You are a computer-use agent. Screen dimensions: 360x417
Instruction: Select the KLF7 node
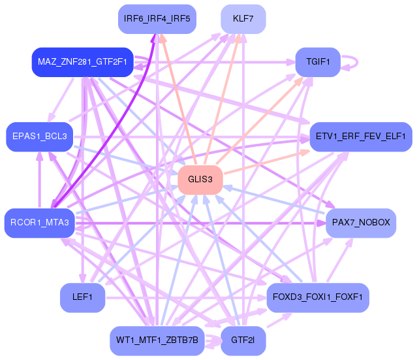pos(243,18)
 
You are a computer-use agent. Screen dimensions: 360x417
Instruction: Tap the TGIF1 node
pos(318,62)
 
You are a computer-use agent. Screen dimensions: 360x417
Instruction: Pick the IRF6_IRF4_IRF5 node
pos(157,18)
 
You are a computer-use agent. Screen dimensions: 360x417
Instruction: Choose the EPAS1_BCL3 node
pos(39,136)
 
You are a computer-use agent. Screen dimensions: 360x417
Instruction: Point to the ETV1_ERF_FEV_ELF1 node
pos(360,137)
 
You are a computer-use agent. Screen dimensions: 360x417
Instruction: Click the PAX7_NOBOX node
pos(360,223)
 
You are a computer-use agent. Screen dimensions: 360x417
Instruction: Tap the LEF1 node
pos(82,297)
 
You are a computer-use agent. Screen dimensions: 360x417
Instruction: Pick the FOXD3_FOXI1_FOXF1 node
pos(318,297)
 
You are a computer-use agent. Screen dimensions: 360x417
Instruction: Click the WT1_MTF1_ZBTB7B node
pos(157,340)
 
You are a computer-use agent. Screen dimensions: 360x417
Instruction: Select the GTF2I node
pos(243,340)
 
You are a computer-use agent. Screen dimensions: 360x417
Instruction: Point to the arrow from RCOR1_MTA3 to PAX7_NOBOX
pos(196,223)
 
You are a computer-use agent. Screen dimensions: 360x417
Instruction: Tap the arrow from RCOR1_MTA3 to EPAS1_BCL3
pos(40,180)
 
